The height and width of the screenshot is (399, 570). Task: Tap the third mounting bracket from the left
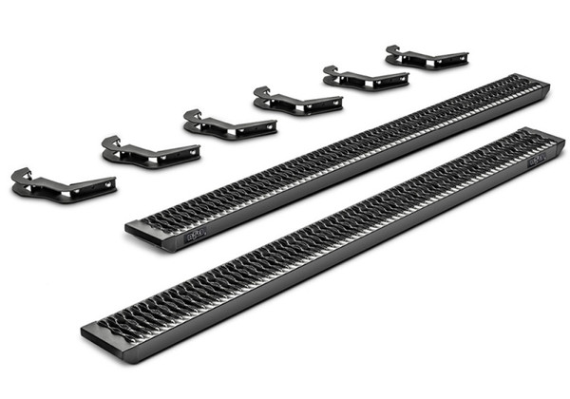point(229,123)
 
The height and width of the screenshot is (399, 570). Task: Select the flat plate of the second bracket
point(171,154)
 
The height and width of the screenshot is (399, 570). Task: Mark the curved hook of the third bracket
point(193,117)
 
